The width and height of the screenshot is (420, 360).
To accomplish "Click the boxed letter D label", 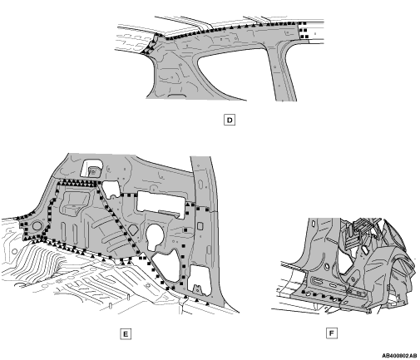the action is click(x=230, y=121).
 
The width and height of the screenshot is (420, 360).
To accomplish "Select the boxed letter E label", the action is click(x=126, y=334).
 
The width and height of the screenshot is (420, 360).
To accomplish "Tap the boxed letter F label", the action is click(x=332, y=333).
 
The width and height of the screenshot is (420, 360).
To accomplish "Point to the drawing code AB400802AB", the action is click(x=399, y=356).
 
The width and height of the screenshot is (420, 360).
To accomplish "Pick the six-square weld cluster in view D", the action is click(x=304, y=30).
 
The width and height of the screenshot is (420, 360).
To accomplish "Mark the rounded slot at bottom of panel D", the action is click(x=177, y=96).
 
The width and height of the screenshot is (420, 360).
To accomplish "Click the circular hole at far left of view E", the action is click(x=37, y=225).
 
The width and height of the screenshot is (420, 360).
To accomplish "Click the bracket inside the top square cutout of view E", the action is click(x=93, y=171).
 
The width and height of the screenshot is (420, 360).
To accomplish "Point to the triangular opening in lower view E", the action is click(x=166, y=266).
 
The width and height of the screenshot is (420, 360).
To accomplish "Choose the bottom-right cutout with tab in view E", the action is click(x=200, y=280).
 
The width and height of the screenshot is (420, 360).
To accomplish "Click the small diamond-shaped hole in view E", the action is click(x=133, y=229).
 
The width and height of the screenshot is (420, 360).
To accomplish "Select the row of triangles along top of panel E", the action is click(x=77, y=182).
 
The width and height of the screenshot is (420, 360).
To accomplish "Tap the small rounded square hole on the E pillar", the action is click(x=200, y=226).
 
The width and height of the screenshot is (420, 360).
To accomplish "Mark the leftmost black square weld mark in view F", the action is click(x=304, y=292).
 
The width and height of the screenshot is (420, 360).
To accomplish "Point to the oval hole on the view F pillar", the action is click(x=327, y=266).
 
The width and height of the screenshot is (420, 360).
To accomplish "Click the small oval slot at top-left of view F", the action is click(x=314, y=223).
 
